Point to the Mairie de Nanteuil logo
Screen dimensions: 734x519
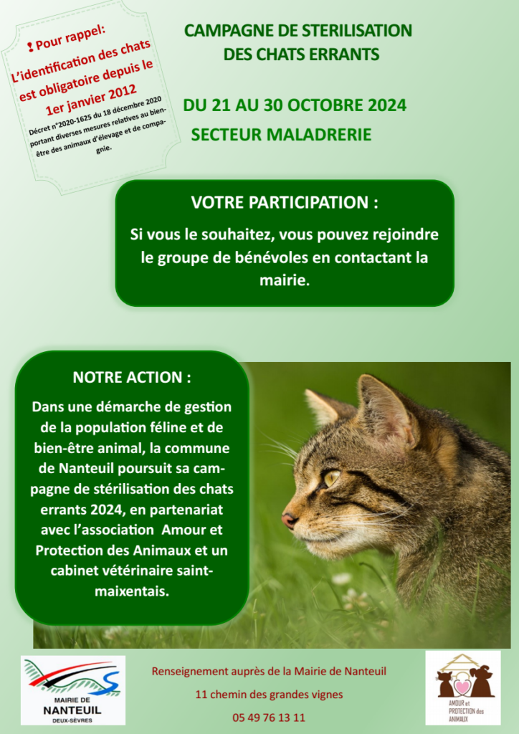coord(72,690)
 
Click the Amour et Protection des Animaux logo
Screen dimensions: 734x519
coord(462,687)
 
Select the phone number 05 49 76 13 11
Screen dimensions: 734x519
coord(269,717)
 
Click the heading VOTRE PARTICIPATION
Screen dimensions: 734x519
coord(285,202)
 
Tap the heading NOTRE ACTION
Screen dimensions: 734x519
coord(132,377)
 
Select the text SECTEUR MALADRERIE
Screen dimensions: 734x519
coord(281,135)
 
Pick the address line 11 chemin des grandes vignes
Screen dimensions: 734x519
coord(269,694)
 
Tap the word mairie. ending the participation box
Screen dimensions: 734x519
coord(285,281)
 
